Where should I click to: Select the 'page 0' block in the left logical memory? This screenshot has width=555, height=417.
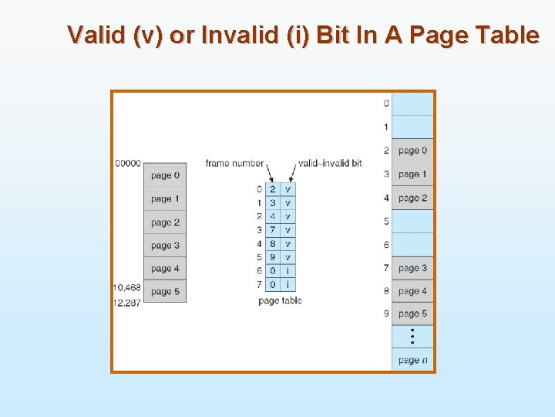[165, 175]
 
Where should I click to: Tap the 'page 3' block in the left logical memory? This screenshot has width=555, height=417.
[165, 246]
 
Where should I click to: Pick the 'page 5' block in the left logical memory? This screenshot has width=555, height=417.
[165, 292]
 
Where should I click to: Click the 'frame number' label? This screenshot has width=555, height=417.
[234, 163]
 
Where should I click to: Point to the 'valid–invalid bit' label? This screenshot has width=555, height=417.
[330, 163]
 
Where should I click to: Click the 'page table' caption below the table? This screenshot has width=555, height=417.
[280, 300]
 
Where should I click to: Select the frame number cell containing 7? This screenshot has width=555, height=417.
[273, 230]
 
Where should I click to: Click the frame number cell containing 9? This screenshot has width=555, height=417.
[273, 257]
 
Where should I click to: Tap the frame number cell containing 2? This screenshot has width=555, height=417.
[273, 189]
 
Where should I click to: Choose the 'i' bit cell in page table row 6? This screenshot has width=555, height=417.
[288, 271]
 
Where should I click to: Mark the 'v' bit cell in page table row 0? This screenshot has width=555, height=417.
[288, 189]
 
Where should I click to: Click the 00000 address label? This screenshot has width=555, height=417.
[128, 163]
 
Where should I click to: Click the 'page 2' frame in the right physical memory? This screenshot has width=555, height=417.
[412, 198]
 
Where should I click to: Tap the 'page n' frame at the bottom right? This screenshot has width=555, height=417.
[412, 360]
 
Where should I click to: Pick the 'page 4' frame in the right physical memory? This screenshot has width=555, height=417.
[412, 291]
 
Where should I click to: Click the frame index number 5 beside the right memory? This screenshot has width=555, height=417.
[386, 222]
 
